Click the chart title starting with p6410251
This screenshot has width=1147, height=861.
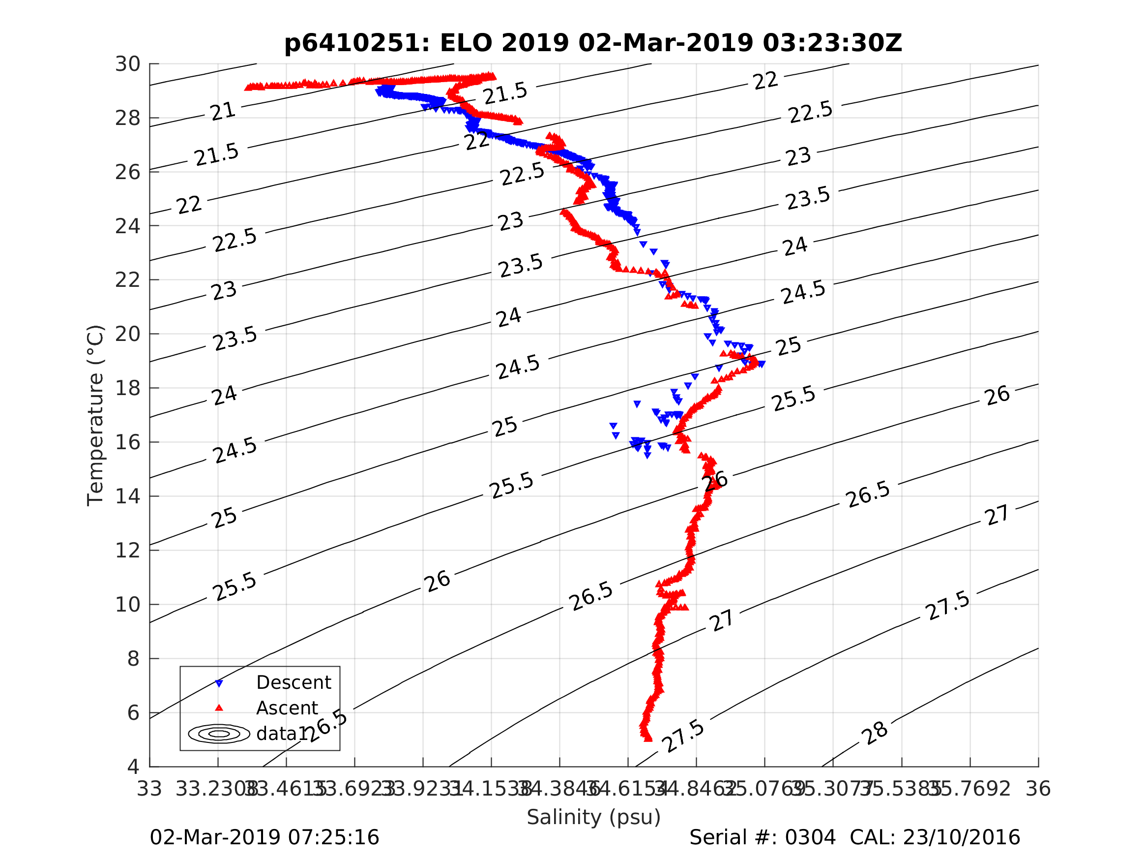tap(593, 43)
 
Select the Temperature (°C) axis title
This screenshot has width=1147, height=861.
tap(95, 415)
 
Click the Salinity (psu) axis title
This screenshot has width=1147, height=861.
tap(594, 817)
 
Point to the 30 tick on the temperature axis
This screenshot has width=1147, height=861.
tap(127, 64)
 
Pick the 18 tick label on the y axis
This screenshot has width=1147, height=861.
tap(127, 388)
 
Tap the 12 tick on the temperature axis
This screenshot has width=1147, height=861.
tap(127, 550)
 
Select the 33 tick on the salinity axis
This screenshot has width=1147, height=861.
tap(149, 789)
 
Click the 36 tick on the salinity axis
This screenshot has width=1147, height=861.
tap(1038, 789)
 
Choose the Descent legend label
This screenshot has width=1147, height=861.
tap(294, 682)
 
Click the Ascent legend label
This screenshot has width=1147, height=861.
tap(287, 708)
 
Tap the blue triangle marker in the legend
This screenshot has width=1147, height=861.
tap(219, 683)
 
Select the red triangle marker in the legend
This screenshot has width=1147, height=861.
tap(219, 707)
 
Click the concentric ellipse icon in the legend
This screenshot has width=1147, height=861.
tap(219, 734)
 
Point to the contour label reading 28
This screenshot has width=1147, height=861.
tap(875, 734)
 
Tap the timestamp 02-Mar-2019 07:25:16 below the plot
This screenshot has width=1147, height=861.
tap(265, 838)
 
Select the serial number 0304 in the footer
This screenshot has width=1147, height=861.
tap(810, 838)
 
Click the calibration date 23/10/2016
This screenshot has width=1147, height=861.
tap(961, 838)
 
